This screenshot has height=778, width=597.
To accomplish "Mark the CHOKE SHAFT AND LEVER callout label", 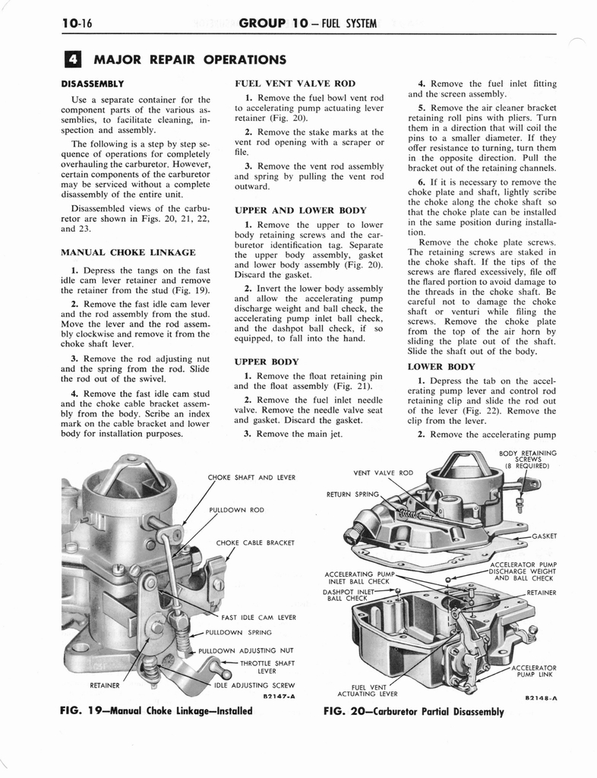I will click(x=251, y=478).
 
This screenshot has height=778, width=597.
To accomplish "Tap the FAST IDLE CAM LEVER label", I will click(x=259, y=617).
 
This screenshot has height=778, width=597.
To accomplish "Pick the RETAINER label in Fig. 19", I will click(x=106, y=685).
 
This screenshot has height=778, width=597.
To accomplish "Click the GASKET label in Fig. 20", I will click(x=544, y=536).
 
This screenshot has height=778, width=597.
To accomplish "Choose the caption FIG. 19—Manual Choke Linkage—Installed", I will click(x=156, y=711).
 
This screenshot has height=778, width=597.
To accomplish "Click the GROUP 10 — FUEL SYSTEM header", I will click(x=308, y=24).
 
